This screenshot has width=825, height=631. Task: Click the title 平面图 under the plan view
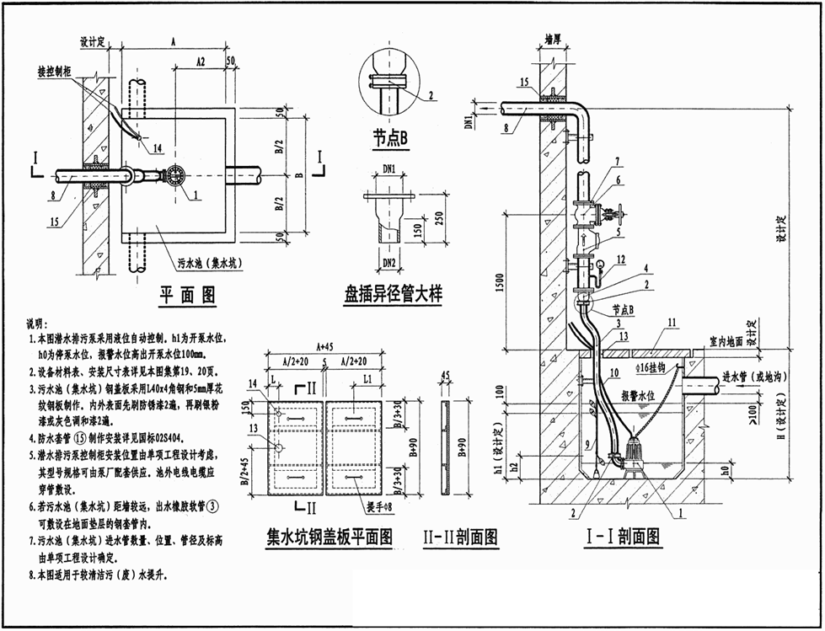tap(188, 295)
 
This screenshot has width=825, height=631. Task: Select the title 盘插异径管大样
tap(392, 295)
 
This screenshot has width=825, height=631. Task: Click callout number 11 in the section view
tap(672, 323)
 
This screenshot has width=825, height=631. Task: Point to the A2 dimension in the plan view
tap(200, 62)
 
